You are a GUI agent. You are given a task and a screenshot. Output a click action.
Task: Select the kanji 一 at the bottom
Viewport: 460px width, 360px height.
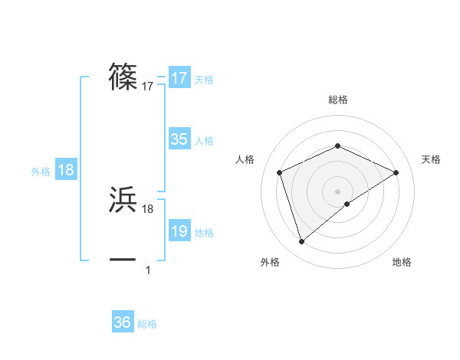pos(123,259)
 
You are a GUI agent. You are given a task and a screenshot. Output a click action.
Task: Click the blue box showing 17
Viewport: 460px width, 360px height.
pos(179,78)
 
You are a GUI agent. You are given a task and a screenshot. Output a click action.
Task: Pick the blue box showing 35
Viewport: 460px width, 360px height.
pos(179,139)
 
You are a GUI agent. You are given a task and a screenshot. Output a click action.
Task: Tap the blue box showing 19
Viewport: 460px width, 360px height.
pos(179,231)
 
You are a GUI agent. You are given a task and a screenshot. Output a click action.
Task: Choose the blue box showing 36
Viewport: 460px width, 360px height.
pos(123,322)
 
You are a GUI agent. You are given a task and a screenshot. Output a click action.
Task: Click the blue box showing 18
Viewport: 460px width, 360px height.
pos(66,170)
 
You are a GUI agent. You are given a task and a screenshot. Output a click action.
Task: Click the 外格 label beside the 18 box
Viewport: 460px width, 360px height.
pos(41,172)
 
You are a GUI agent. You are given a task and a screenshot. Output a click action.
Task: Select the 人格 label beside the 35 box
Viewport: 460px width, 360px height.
pos(204,141)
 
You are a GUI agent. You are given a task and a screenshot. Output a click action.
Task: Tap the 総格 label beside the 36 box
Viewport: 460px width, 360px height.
pos(147,324)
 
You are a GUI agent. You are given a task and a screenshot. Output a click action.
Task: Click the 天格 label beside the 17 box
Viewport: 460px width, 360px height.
pos(204,80)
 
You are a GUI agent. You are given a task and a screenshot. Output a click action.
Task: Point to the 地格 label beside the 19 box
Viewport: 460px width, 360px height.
pos(204,233)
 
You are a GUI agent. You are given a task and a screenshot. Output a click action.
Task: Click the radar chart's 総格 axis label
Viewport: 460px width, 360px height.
pos(337,100)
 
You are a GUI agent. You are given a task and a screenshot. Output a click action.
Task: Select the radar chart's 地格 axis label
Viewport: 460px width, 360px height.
pos(402,263)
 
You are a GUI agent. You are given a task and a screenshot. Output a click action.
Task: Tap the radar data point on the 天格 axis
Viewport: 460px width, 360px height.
pos(396,172)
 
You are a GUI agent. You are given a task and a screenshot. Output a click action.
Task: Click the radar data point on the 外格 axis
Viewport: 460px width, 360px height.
pos(301,242)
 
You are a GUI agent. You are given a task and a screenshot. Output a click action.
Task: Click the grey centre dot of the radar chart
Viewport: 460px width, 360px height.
pos(337,191)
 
